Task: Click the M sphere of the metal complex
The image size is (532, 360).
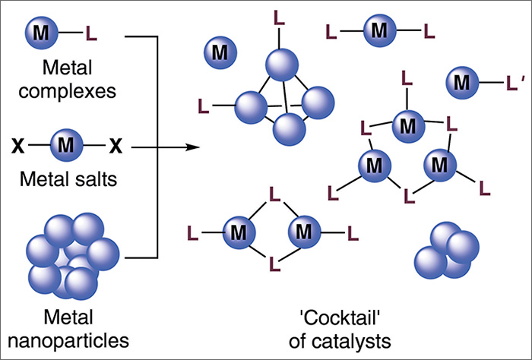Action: point(40,33)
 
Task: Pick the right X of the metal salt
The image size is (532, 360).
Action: point(115,142)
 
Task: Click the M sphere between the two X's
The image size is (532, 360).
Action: point(66,142)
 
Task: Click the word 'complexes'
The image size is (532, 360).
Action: point(66,94)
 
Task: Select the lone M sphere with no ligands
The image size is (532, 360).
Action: point(220,52)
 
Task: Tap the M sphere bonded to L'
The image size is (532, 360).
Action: point(462,80)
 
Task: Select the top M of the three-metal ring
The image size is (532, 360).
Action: point(407,123)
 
